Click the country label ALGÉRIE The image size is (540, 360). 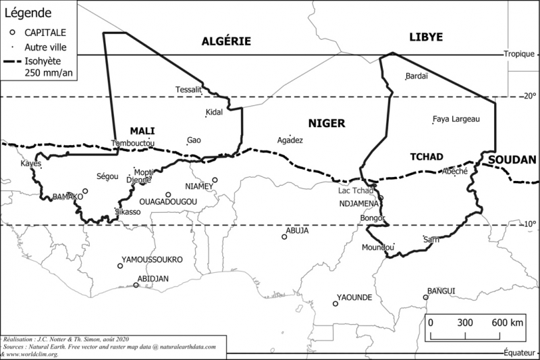pyautogui.click(x=226, y=42)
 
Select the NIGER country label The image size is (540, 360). pyautogui.click(x=327, y=123)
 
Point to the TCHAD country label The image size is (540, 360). pyautogui.click(x=427, y=157)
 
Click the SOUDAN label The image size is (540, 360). pyautogui.click(x=512, y=160)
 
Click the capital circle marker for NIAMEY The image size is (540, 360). pyautogui.click(x=215, y=180)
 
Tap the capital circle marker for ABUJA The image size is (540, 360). pyautogui.click(x=285, y=237)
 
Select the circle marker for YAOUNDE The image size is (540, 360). pyautogui.click(x=335, y=304)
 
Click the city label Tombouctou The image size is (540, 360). pyautogui.click(x=133, y=144)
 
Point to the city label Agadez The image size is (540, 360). pyautogui.click(x=290, y=140)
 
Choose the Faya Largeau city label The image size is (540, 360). pyautogui.click(x=456, y=119)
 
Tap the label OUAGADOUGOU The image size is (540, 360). pyautogui.click(x=167, y=202)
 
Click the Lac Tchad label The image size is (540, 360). pyautogui.click(x=355, y=190)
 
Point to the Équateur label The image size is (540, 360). pyautogui.click(x=520, y=352)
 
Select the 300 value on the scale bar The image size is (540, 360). pyautogui.click(x=465, y=323)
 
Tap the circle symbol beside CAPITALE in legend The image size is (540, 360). pyautogui.click(x=12, y=32)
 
